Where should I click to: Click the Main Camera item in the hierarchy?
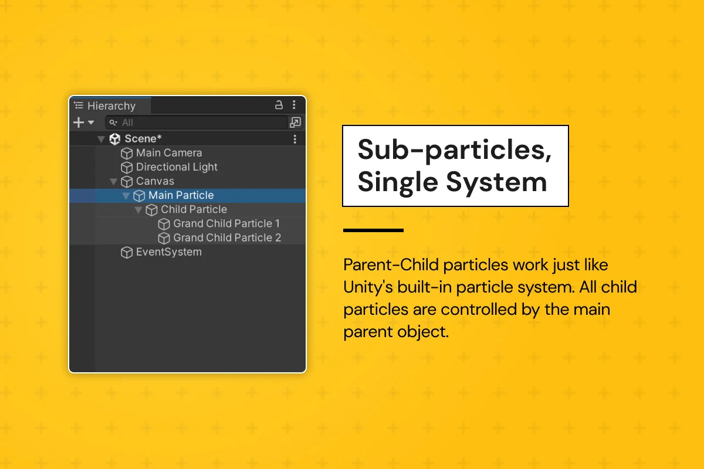click(x=168, y=153)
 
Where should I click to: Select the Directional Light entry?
click(x=177, y=167)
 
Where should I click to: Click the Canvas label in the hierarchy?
click(x=155, y=181)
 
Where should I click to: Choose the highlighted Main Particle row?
click(x=181, y=195)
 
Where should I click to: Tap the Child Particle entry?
click(x=194, y=209)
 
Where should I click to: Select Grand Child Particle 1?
click(x=226, y=223)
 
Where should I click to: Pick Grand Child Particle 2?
click(x=226, y=237)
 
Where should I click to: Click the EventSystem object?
click(x=168, y=252)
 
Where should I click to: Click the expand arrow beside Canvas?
click(x=114, y=182)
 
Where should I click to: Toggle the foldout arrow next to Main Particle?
click(x=126, y=196)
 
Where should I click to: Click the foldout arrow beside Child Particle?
click(x=138, y=210)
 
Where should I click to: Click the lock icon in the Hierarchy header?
click(x=279, y=106)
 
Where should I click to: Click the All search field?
click(x=197, y=123)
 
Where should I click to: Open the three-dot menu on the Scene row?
click(x=295, y=139)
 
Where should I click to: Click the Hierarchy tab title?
click(x=111, y=106)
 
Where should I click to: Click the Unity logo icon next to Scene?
click(x=115, y=139)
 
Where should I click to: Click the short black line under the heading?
click(x=373, y=230)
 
